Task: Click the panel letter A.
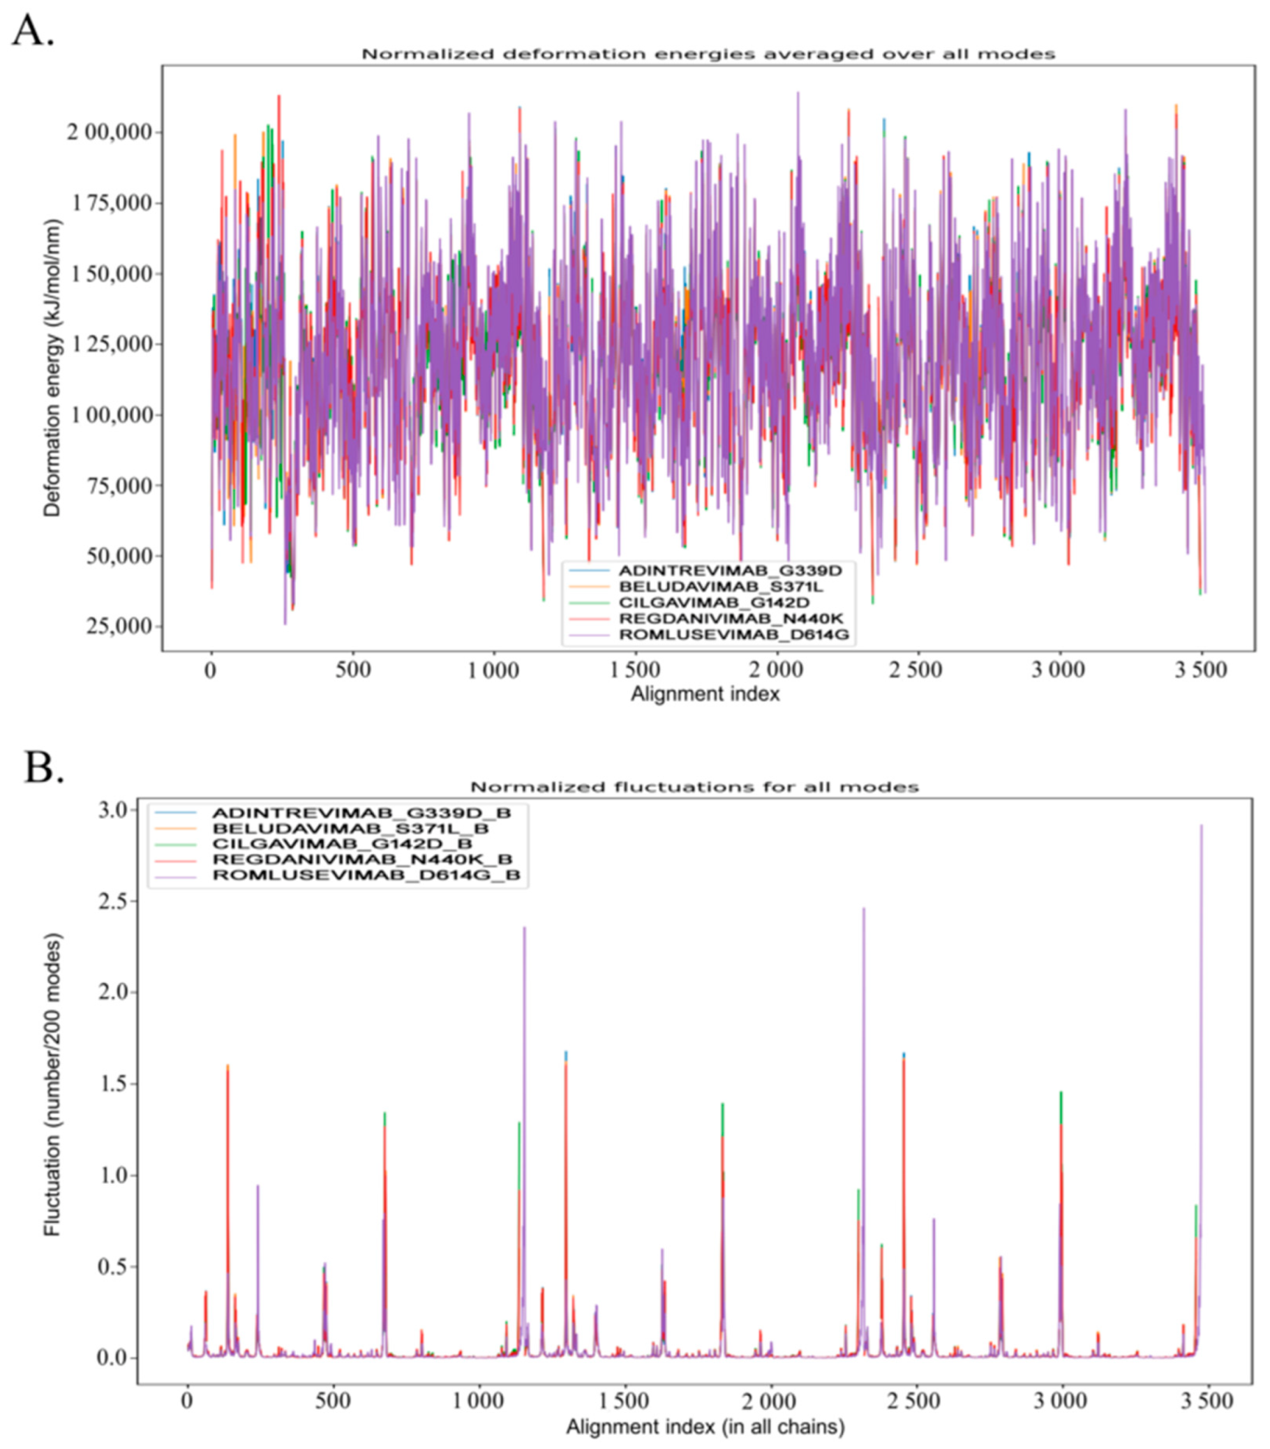pos(31,32)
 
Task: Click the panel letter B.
pos(43,767)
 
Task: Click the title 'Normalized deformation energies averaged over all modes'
pos(708,54)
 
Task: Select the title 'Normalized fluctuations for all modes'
pos(694,787)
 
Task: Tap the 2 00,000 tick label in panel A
pos(109,133)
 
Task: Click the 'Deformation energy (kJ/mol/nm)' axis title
pos(52,368)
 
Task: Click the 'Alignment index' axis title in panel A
pos(705,693)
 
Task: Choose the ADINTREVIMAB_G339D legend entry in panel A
pos(729,571)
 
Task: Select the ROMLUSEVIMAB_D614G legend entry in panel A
pos(733,635)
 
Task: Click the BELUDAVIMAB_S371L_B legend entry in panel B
pos(350,828)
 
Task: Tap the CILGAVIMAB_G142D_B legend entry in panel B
pos(342,844)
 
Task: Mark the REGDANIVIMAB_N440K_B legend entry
pos(361,859)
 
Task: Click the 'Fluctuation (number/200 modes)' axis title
pos(52,1085)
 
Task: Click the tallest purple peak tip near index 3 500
pos(1200,825)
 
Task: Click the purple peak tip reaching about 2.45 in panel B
pos(863,909)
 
